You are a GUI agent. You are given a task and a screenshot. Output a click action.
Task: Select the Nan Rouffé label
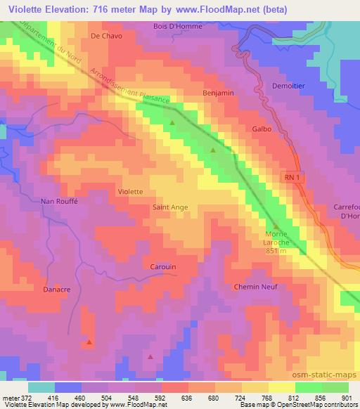pos(61,202)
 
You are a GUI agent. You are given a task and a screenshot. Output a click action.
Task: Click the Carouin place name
pos(163,266)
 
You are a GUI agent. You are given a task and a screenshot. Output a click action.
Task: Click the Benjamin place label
pos(218,93)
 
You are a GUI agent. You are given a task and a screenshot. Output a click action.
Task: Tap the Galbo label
pos(261,129)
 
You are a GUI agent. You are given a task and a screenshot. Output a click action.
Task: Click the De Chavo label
pos(106,35)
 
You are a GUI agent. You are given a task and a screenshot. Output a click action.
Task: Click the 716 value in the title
pos(103,9)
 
